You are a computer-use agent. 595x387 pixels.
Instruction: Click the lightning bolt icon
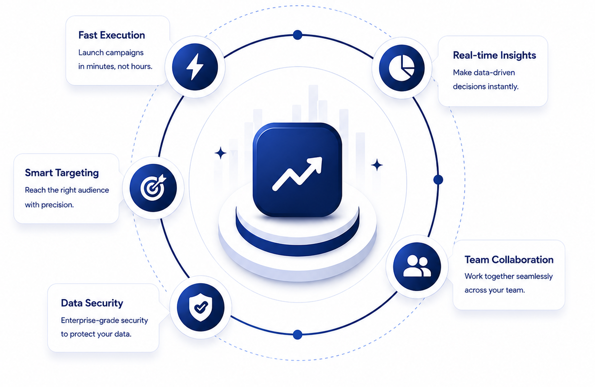[x=195, y=67]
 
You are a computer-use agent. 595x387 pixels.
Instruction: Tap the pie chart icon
[x=401, y=68]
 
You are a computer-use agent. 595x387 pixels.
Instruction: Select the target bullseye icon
[x=153, y=187]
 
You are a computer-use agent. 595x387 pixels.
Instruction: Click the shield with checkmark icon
[x=201, y=307]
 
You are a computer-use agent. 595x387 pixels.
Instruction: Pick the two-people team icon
[x=417, y=266]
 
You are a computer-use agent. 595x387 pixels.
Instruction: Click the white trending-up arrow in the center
[x=297, y=174]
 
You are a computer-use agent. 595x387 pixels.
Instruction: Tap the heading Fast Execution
[x=112, y=35]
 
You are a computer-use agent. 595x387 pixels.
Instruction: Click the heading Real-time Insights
[x=494, y=55]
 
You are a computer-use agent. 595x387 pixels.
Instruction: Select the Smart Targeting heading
[x=62, y=173]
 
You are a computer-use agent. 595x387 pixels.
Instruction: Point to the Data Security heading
[x=92, y=303]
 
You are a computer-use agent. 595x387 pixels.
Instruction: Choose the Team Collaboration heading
[x=509, y=260]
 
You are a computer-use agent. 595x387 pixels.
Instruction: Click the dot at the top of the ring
[x=297, y=35]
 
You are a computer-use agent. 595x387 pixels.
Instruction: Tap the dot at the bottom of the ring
[x=297, y=335]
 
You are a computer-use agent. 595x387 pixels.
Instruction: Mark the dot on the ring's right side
[x=438, y=180]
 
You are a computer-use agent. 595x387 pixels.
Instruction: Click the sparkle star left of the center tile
[x=220, y=153]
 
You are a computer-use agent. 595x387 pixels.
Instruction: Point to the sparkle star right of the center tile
[x=377, y=165]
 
